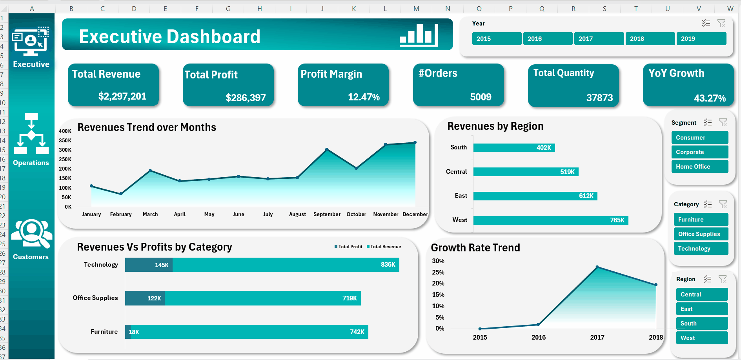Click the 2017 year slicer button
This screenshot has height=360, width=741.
[x=598, y=39]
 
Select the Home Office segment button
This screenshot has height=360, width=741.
[x=699, y=167]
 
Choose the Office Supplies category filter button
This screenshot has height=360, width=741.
[x=701, y=234]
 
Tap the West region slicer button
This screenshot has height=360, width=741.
[x=701, y=338]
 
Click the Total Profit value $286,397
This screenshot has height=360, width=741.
[x=246, y=98]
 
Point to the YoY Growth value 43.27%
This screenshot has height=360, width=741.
[x=710, y=98]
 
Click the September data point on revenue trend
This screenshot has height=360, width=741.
[x=327, y=149]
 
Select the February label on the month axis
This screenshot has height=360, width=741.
[x=121, y=214]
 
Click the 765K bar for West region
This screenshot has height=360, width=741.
[x=550, y=220]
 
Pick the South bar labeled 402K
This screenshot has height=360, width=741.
[x=514, y=148]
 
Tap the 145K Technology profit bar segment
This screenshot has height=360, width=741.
[x=149, y=265]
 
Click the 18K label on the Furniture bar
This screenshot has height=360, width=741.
[x=134, y=332]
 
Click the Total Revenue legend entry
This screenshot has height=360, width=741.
[x=384, y=247]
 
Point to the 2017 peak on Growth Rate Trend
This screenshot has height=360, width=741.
[x=597, y=267]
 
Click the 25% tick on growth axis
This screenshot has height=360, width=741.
[x=438, y=272]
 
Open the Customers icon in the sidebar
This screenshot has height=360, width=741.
[x=31, y=233]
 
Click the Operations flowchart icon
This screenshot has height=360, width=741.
[x=31, y=134]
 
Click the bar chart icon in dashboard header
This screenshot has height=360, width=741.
[x=419, y=35]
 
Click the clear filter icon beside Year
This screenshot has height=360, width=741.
[x=721, y=24]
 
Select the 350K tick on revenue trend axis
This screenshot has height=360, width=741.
[x=65, y=140]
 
